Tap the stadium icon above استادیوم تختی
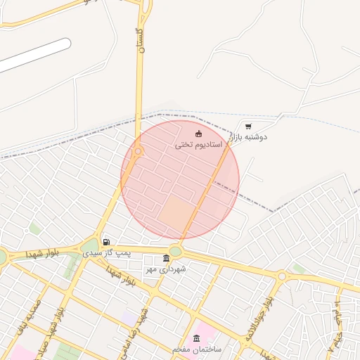click(x=199, y=134)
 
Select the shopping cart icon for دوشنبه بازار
click(x=248, y=127)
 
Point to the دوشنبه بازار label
click(x=251, y=137)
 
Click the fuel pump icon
click(x=106, y=243)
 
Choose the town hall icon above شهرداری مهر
click(x=166, y=259)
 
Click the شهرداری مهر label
click(x=164, y=269)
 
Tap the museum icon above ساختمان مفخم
click(x=196, y=339)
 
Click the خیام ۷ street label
click(x=335, y=330)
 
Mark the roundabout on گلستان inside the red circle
click(x=138, y=151)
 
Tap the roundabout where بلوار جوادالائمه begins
click(x=283, y=276)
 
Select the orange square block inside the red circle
click(x=174, y=212)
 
